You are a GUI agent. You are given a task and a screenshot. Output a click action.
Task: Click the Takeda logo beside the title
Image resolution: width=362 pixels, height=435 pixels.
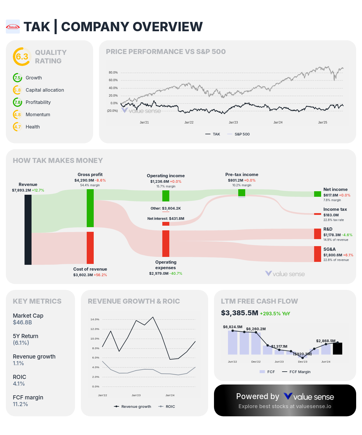(13, 27)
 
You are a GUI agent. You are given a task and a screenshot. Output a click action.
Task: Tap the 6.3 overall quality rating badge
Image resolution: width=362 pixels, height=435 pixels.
(22, 57)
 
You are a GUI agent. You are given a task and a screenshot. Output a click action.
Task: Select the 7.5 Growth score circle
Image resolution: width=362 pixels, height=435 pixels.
(18, 78)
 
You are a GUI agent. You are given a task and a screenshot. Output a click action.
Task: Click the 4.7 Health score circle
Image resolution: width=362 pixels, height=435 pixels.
(18, 127)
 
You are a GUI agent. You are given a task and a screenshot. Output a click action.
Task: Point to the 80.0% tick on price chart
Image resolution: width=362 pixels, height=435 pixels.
(113, 72)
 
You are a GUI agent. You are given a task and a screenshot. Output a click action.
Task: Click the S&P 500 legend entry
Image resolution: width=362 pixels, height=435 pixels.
(242, 134)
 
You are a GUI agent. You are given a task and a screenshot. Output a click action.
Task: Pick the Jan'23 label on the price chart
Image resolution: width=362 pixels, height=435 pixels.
(233, 123)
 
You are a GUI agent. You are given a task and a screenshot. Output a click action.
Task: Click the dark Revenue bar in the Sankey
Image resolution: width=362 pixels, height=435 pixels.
(28, 230)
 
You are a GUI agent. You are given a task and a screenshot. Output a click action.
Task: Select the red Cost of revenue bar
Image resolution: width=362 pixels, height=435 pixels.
(90, 248)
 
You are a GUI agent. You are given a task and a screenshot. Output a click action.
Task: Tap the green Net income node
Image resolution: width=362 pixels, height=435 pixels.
(318, 194)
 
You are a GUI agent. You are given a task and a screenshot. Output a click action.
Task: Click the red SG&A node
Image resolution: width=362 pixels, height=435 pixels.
(318, 254)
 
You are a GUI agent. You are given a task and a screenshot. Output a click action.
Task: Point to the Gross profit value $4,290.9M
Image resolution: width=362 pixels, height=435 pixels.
(84, 180)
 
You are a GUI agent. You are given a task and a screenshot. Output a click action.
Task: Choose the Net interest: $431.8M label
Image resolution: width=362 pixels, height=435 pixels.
(166, 219)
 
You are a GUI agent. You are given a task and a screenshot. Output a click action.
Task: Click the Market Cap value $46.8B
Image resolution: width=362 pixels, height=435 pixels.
(22, 323)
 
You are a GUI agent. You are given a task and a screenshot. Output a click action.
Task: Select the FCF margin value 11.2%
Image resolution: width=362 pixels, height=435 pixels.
(20, 404)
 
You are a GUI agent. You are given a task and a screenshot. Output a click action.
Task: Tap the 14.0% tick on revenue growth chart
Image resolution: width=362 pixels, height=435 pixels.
(95, 319)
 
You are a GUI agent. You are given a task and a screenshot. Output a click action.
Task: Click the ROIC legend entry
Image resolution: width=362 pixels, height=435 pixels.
(170, 407)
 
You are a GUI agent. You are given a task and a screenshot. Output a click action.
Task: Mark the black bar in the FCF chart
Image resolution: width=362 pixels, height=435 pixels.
(337, 349)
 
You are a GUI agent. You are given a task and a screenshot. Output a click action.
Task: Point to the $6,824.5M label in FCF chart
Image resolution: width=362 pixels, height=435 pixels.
(233, 327)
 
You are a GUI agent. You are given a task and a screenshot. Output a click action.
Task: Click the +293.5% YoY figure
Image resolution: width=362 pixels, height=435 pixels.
(275, 314)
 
